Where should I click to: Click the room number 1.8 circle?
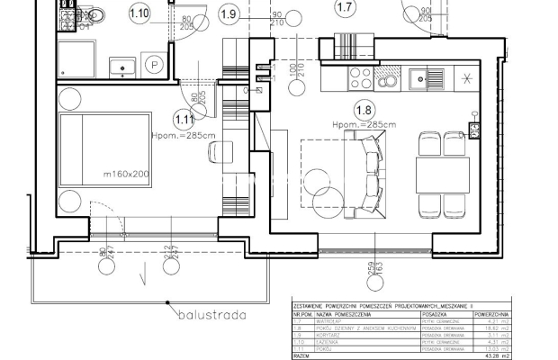point(364,110)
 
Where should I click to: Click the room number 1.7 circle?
point(345,9)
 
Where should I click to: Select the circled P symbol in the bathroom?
point(155,66)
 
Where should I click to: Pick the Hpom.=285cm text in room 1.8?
point(364,124)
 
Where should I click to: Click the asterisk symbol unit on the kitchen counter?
point(466,78)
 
